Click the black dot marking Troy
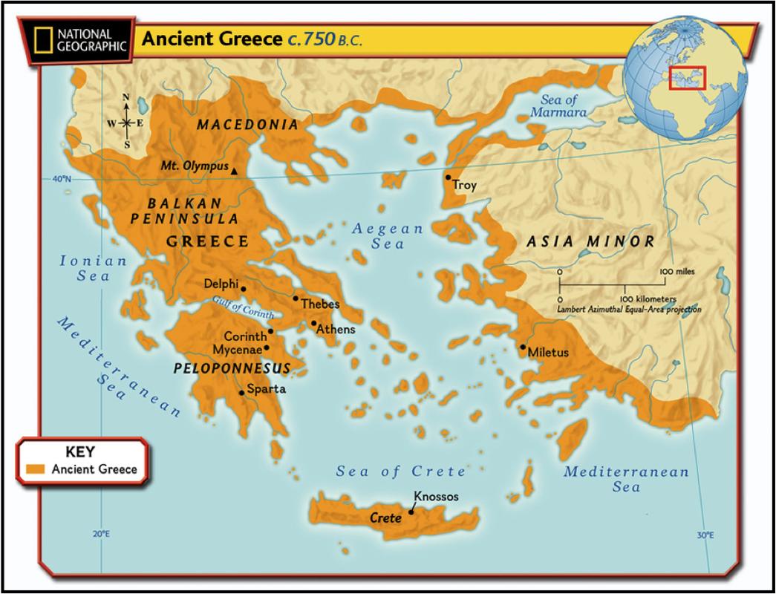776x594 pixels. coord(448,177)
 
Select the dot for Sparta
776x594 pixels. coord(241,393)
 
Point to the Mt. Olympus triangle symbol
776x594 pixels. coord(235,172)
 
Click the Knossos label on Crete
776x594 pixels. coord(437,497)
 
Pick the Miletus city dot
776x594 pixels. coord(524,347)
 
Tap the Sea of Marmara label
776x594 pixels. coord(558,107)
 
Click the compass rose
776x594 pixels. coord(126,122)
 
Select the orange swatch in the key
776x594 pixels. coord(36,469)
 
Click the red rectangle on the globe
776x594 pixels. coord(687,78)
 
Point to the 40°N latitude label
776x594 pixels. coord(61,179)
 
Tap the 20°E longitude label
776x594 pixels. coord(101,534)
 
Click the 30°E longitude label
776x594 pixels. coord(706,535)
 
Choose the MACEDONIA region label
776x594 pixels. coord(247,125)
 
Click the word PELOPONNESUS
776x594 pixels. coord(231,368)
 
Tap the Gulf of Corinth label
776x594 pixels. coord(242,308)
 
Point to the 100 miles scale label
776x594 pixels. coord(676,272)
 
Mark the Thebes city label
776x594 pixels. coord(320,304)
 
